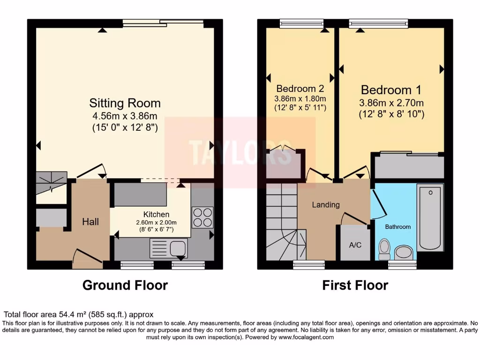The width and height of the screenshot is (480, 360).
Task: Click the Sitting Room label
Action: pyautogui.click(x=125, y=103)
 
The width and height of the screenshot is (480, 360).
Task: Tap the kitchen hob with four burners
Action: pyautogui.click(x=202, y=217)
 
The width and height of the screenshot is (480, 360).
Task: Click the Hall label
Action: pyautogui.click(x=90, y=222)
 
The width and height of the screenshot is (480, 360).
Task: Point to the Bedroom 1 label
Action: pyautogui.click(x=391, y=90)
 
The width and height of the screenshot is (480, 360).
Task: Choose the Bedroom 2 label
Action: pyautogui.click(x=300, y=88)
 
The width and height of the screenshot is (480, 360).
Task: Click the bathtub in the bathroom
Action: pyautogui.click(x=430, y=217)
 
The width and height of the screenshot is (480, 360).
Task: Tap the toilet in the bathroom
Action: pyautogui.click(x=384, y=249)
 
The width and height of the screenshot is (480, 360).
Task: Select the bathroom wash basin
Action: pyautogui.click(x=404, y=253)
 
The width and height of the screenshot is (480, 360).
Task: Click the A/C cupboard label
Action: pyautogui.click(x=354, y=245)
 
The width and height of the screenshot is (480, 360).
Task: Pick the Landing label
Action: pyautogui.click(x=326, y=205)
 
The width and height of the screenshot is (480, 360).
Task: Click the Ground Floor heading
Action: pyautogui.click(x=125, y=285)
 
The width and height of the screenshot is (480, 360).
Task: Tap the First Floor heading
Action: pyautogui.click(x=355, y=285)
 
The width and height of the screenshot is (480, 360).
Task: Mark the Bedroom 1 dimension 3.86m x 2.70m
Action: pyautogui.click(x=391, y=103)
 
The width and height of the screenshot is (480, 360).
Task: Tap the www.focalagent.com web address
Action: pyautogui.click(x=306, y=337)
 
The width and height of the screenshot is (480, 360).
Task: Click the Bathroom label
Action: pyautogui.click(x=397, y=227)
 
